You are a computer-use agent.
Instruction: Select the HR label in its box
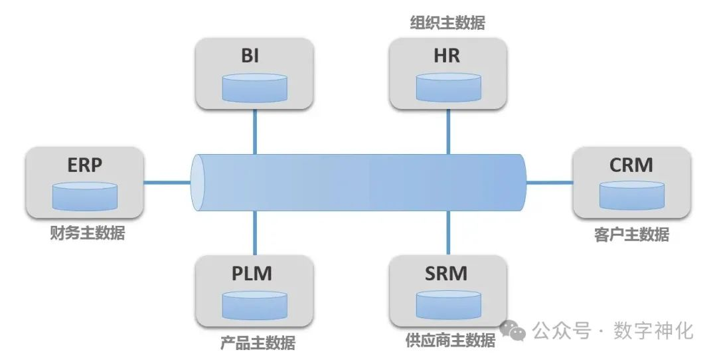click(447, 56)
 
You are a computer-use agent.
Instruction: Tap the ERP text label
click(85, 165)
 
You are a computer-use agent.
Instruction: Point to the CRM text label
click(631, 165)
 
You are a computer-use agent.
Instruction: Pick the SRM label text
click(447, 273)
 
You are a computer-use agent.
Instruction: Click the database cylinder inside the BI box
click(255, 88)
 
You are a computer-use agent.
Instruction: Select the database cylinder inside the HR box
click(448, 88)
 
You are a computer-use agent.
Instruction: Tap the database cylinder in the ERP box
click(85, 195)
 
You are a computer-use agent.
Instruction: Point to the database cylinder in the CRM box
click(631, 195)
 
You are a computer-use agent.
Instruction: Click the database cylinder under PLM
click(255, 304)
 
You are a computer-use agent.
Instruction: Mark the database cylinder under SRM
click(448, 304)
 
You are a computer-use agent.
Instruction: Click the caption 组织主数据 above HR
click(447, 24)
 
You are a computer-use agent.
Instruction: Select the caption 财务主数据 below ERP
click(87, 233)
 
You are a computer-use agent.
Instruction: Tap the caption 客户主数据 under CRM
click(631, 234)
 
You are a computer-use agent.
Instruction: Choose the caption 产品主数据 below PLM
click(258, 343)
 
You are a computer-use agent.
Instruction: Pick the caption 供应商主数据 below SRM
click(450, 341)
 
